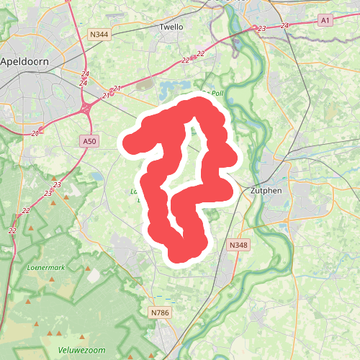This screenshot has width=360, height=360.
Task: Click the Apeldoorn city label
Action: click(24, 62)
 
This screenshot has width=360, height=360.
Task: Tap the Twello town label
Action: click(171, 27)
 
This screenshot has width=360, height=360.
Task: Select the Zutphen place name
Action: click(266, 192)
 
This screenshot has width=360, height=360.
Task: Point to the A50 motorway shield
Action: click(89, 141)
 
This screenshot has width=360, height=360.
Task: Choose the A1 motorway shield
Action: click(325, 21)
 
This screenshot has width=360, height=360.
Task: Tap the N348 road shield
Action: click(238, 246)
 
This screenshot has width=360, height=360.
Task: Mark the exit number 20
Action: click(36, 134)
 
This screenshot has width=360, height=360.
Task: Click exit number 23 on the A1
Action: click(261, 29)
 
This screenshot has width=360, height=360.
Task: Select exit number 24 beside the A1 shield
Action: click(286, 26)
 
